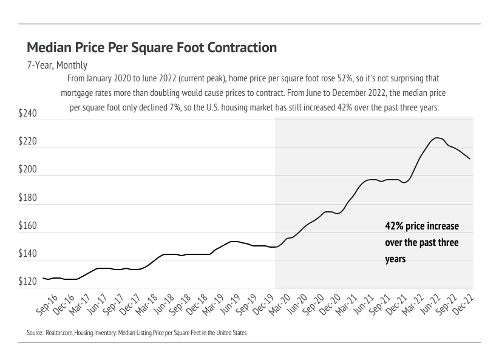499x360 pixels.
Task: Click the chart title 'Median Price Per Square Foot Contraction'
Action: click(x=152, y=48)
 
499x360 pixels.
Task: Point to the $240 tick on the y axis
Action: click(x=28, y=114)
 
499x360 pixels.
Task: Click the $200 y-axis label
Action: click(x=28, y=170)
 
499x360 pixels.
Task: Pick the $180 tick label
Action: click(x=28, y=198)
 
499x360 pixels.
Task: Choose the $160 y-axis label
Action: click(x=28, y=226)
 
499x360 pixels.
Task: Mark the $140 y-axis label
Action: click(x=28, y=254)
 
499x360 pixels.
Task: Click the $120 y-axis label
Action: click(x=28, y=282)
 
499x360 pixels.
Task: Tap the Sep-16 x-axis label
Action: click(x=47, y=304)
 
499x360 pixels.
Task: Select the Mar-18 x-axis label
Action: click(x=146, y=304)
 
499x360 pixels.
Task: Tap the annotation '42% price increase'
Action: click(x=422, y=226)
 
